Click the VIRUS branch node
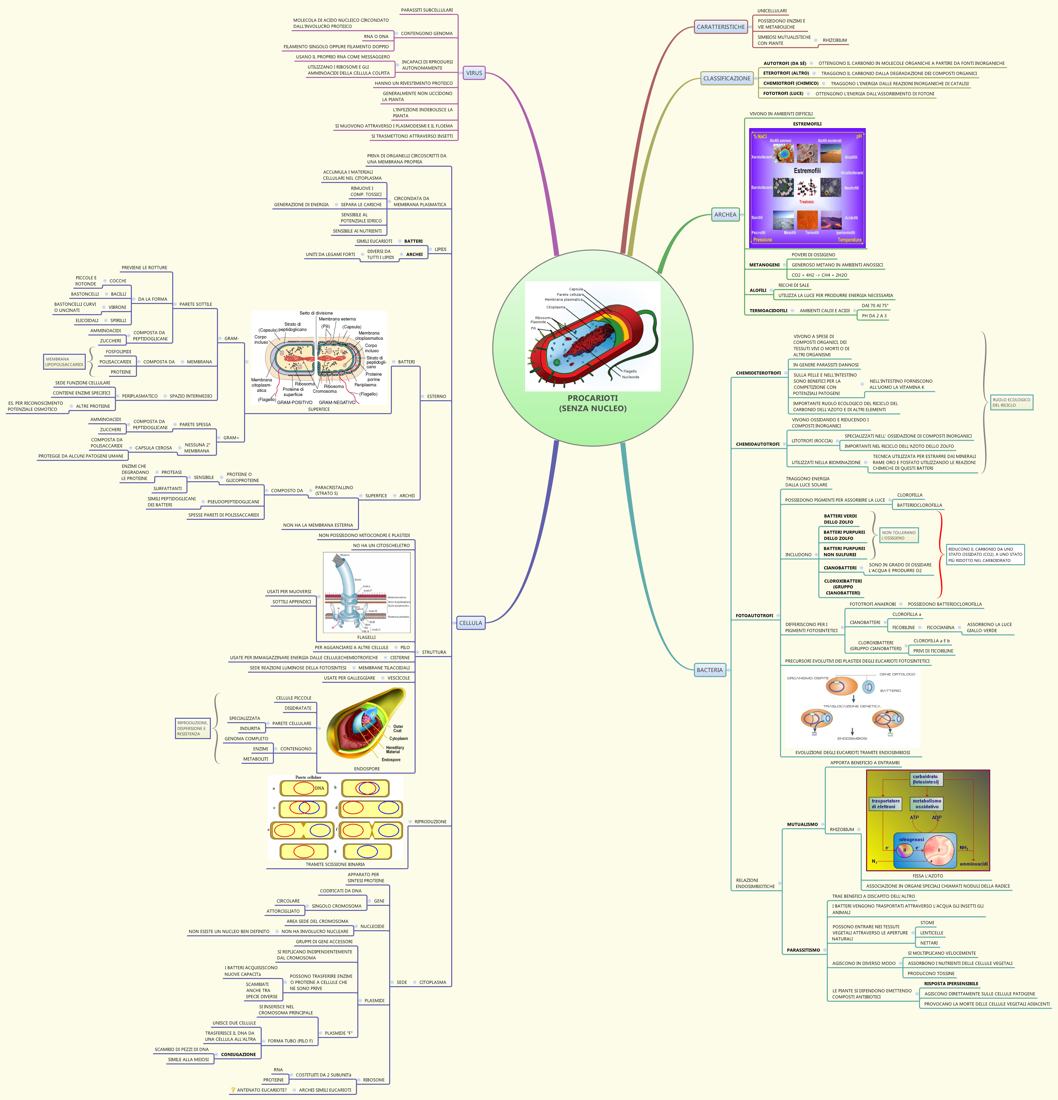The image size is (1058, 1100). pyautogui.click(x=474, y=73)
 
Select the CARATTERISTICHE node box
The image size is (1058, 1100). pyautogui.click(x=721, y=27)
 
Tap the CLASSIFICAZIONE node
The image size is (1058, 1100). pyautogui.click(x=726, y=79)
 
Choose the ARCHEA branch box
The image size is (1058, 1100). pyautogui.click(x=725, y=215)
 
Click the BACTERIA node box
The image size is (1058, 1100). pyautogui.click(x=710, y=670)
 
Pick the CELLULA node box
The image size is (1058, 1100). pyautogui.click(x=470, y=623)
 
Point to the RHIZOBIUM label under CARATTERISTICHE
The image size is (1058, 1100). pyautogui.click(x=835, y=40)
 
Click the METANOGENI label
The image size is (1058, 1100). pyautogui.click(x=764, y=265)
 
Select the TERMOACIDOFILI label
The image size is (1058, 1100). pyautogui.click(x=768, y=311)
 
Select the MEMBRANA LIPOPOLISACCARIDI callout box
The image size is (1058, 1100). pyautogui.click(x=64, y=362)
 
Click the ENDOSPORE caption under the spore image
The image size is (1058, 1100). pyautogui.click(x=366, y=769)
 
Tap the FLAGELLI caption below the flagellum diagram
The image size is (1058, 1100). pyautogui.click(x=366, y=637)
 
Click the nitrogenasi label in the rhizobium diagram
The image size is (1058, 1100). pyautogui.click(x=911, y=840)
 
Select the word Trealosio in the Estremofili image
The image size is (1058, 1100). pyautogui.click(x=806, y=202)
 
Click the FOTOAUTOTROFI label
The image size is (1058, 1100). pyautogui.click(x=754, y=616)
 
